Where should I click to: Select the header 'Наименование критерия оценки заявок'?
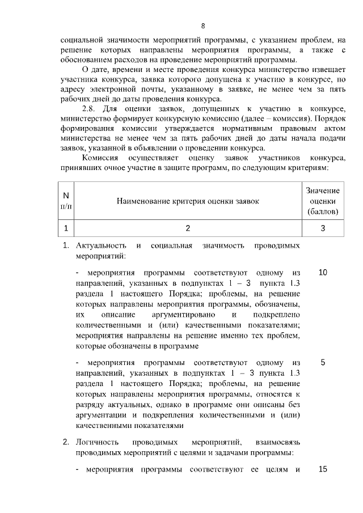click(x=188, y=201)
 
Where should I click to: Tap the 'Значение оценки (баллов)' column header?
click(x=322, y=201)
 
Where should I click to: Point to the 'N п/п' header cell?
click(x=66, y=201)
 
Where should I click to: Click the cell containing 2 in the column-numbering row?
click(x=188, y=228)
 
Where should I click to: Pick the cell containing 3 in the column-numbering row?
click(x=322, y=228)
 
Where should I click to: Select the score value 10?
click(x=323, y=273)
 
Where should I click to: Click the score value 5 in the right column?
click(x=323, y=362)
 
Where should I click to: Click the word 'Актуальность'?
click(x=100, y=246)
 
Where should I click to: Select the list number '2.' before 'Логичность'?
click(x=66, y=442)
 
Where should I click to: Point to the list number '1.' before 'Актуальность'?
click(x=66, y=246)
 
